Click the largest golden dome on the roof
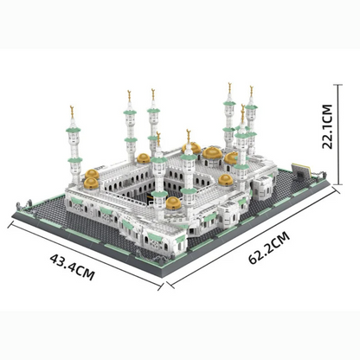pyautogui.click(x=211, y=153)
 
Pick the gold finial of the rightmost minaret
pyautogui.click(x=252, y=90)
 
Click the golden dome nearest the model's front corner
pyautogui.click(x=173, y=202)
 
